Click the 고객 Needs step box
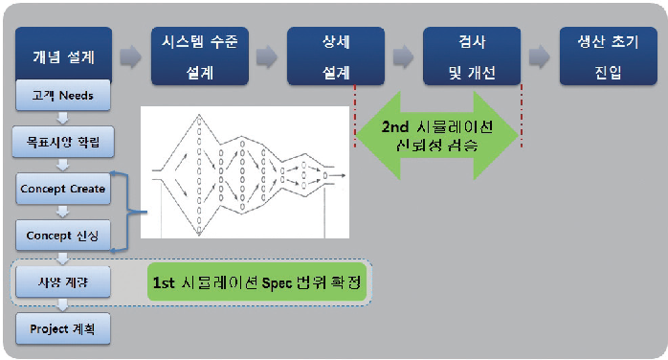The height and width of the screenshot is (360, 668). click(64, 97)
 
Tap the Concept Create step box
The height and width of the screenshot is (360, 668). click(64, 189)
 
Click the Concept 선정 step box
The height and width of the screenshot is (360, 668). click(64, 235)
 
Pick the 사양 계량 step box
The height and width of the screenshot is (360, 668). click(64, 282)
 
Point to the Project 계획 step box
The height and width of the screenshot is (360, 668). click(64, 328)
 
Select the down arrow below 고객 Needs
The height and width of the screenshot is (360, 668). click(64, 120)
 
